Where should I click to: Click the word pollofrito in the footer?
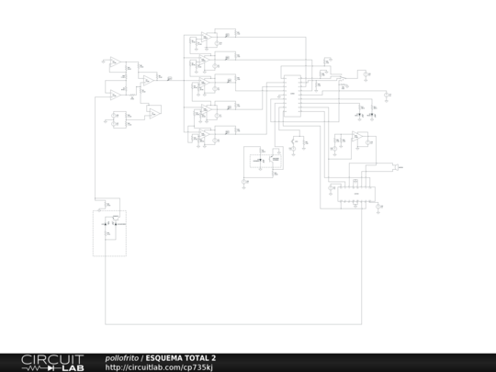(122, 357)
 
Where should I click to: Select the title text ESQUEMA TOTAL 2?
(181, 357)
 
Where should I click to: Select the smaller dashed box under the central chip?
(258, 162)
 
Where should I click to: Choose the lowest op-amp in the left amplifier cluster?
(118, 118)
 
